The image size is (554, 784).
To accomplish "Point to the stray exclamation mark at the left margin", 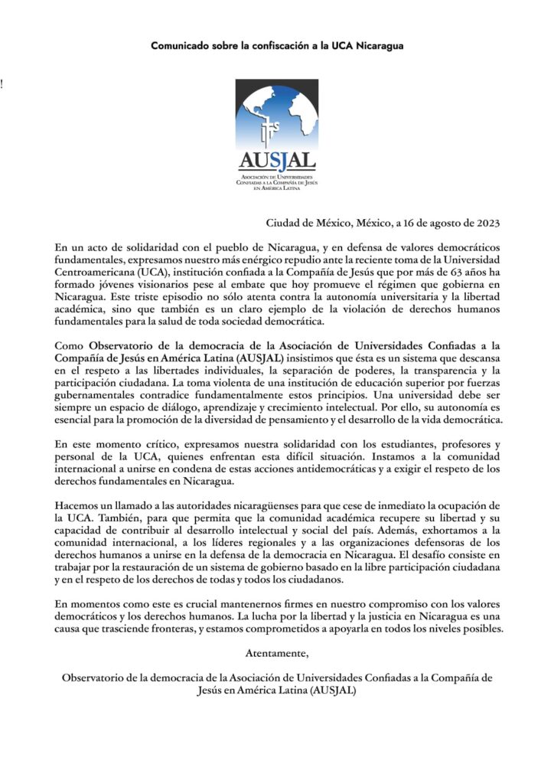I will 2,85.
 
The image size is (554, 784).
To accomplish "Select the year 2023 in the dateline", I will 484,224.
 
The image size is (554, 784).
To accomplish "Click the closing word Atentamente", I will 277,653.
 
